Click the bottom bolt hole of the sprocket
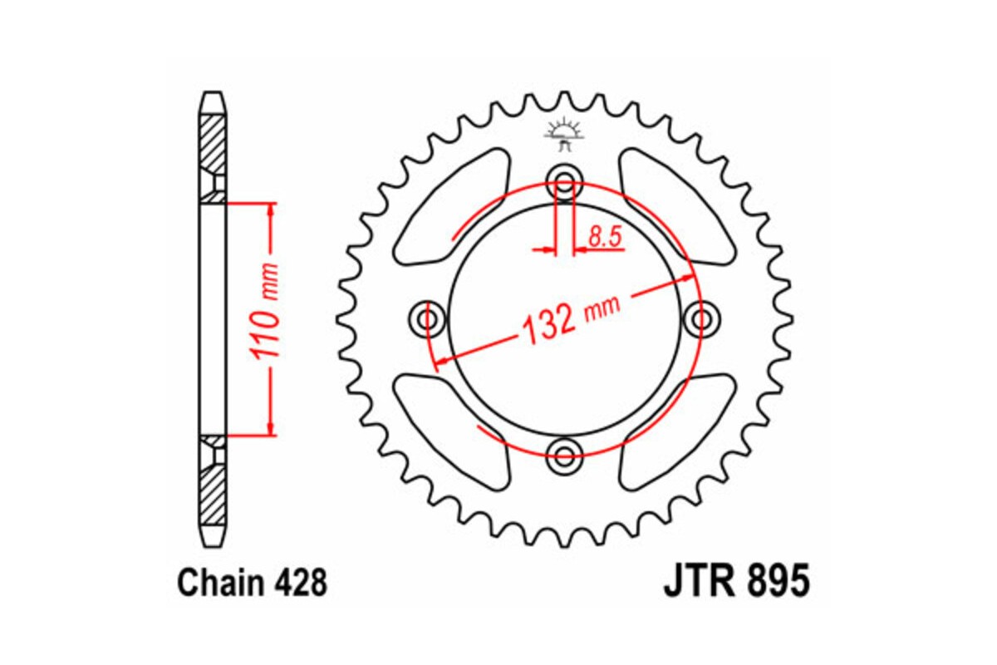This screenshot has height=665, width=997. coord(565,454)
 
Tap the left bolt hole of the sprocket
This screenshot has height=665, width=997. coord(429,318)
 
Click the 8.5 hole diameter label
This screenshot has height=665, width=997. coord(605,238)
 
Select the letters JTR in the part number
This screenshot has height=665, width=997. coord(696,582)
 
